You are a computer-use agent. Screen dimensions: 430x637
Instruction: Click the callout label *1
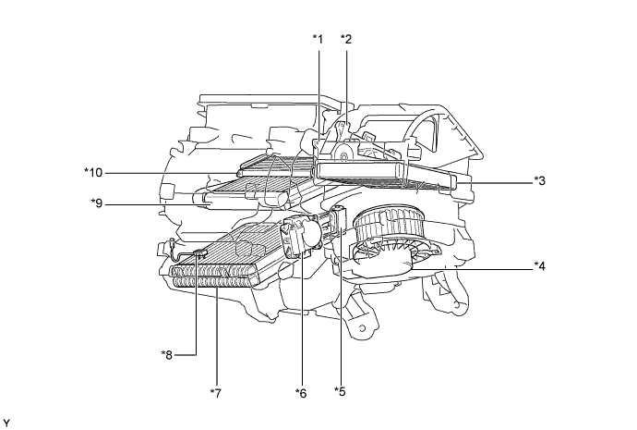(x=318, y=39)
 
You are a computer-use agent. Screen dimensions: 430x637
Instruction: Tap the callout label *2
(x=346, y=39)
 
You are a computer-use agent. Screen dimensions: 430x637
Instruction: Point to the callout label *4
(x=540, y=266)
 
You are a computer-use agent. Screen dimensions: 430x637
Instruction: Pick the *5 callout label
(x=341, y=391)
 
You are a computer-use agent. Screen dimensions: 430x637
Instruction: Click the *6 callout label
(x=300, y=393)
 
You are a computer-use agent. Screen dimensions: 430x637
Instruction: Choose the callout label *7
(x=215, y=393)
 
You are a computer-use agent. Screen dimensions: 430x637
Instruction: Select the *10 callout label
(x=93, y=172)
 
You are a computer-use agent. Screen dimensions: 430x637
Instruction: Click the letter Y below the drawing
(x=7, y=423)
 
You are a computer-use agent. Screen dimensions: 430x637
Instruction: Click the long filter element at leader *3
(x=388, y=173)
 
